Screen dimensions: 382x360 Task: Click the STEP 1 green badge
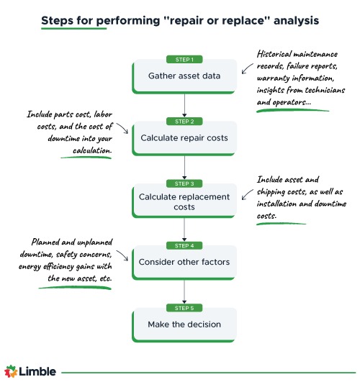click(x=185, y=59)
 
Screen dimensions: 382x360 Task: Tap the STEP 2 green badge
click(x=185, y=122)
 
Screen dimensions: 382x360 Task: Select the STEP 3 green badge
click(x=185, y=183)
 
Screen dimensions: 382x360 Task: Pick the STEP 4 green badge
click(x=185, y=246)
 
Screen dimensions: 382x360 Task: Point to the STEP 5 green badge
click(x=185, y=308)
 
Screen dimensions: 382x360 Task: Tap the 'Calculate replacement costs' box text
click(x=185, y=202)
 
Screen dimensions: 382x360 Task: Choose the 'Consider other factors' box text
click(x=185, y=263)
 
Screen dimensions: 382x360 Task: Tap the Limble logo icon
click(x=12, y=371)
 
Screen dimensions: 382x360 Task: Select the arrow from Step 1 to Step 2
click(x=185, y=104)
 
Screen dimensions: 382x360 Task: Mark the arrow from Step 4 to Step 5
click(x=185, y=291)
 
